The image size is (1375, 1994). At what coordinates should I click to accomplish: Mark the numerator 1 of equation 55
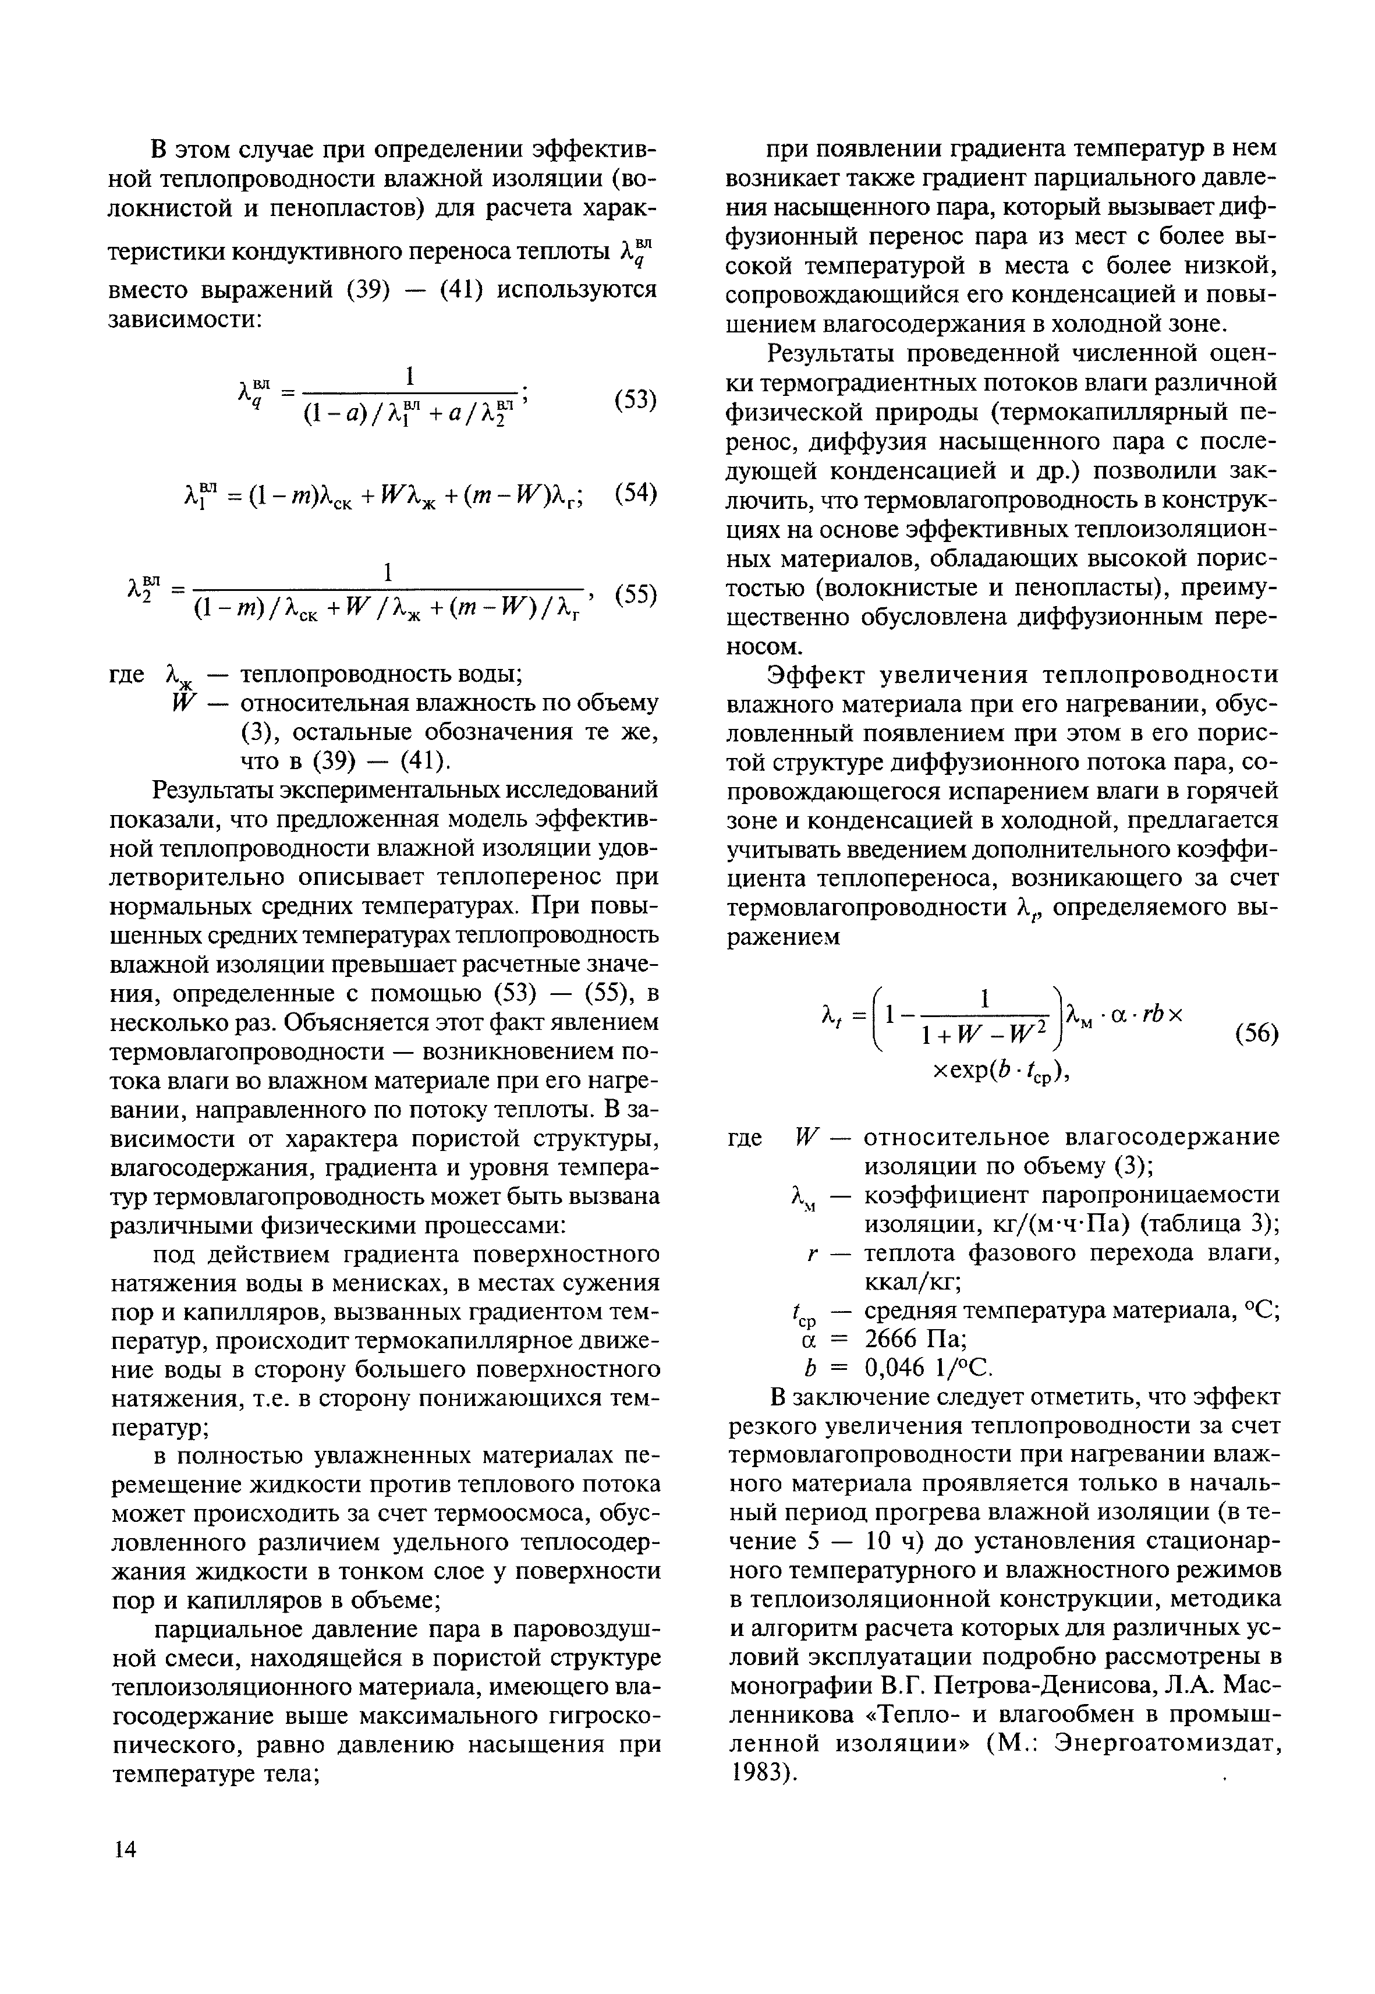pos(388,572)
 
